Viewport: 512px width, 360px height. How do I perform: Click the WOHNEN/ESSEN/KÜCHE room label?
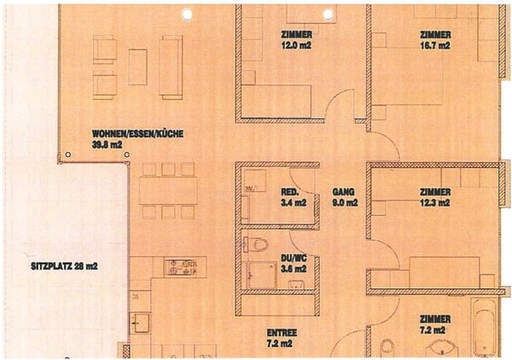137,134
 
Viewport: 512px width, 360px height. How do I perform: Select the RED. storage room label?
289,193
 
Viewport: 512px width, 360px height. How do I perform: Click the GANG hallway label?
344,193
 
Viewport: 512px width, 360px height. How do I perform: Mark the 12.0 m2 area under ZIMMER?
295,45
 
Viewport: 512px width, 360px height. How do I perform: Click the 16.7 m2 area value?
434,46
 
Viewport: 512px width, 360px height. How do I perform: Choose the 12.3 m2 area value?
434,203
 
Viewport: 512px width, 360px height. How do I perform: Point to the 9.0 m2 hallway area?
344,203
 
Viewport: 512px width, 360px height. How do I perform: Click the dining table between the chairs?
167,190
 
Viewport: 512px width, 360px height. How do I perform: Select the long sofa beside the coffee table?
171,67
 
